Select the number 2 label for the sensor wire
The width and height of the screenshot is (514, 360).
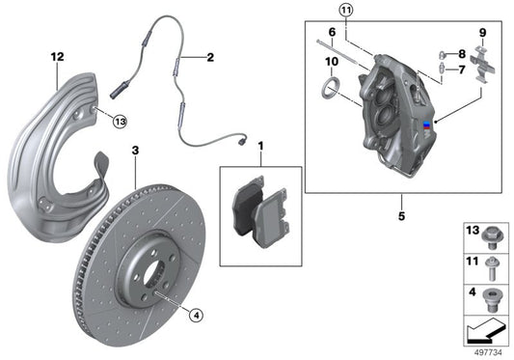tap(208, 58)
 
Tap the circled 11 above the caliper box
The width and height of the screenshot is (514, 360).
tap(345, 11)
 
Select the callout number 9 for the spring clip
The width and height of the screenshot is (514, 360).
tap(483, 33)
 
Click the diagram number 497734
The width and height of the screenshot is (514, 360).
tap(489, 351)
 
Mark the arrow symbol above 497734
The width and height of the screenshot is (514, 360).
tap(481, 330)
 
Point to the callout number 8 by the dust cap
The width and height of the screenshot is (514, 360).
tap(462, 54)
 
